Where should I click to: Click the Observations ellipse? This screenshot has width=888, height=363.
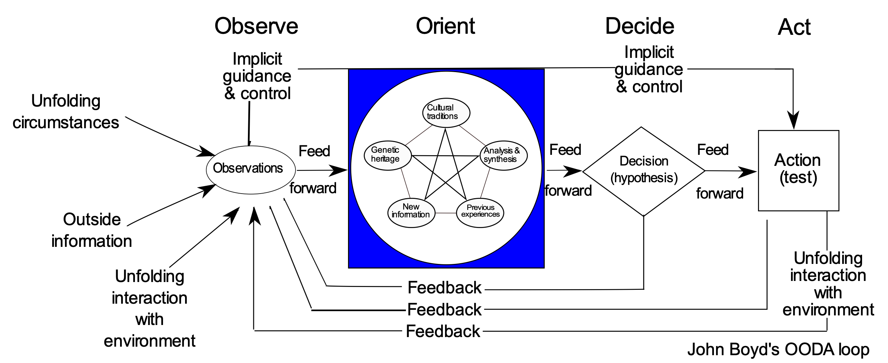tap(251, 170)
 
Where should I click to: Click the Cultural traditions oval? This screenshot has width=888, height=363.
tap(446, 113)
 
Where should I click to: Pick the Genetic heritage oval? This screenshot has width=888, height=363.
tap(388, 155)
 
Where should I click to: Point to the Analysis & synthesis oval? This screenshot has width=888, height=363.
tap(504, 155)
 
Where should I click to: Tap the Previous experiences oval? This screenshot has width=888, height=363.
tap(480, 213)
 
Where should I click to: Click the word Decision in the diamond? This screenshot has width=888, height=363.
tap(644, 161)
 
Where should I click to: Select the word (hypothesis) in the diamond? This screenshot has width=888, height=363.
tap(644, 178)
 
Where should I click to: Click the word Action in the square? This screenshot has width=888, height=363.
tap(797, 160)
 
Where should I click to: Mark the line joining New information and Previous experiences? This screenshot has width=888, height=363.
tap(445, 213)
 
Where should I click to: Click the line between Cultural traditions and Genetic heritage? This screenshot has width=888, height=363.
tap(418, 135)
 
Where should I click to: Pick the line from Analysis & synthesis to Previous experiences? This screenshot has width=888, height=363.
tap(485, 183)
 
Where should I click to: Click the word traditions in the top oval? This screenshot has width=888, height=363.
tap(442, 117)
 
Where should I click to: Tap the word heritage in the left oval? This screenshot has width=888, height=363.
tap(385, 159)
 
